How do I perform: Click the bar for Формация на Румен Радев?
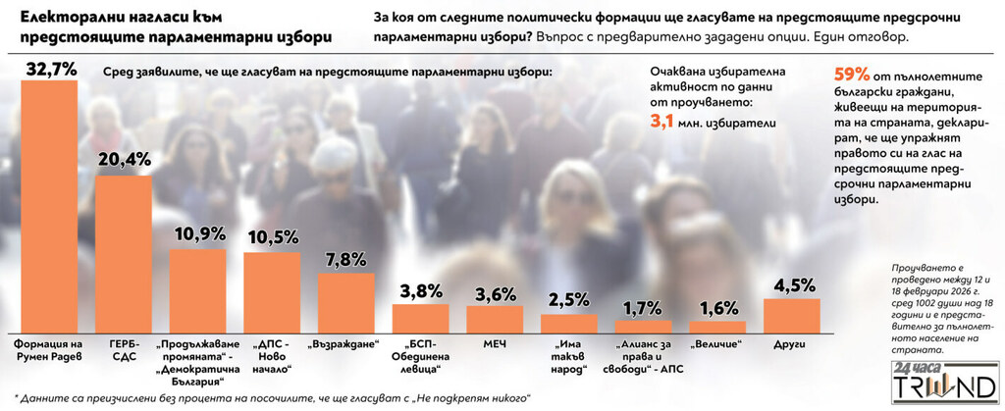pyautogui.click(x=48, y=207)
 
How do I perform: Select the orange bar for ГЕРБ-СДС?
pyautogui.click(x=123, y=255)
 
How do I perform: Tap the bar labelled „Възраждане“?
pyautogui.click(x=345, y=303)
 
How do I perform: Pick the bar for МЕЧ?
pyautogui.click(x=494, y=320)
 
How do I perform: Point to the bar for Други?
pyautogui.click(x=791, y=316)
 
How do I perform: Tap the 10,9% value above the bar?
pyautogui.click(x=197, y=235)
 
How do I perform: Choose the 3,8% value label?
pyautogui.click(x=420, y=291)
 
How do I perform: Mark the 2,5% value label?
pyautogui.click(x=569, y=300)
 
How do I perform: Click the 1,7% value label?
pyautogui.click(x=643, y=308)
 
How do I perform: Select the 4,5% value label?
pyautogui.click(x=791, y=286)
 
